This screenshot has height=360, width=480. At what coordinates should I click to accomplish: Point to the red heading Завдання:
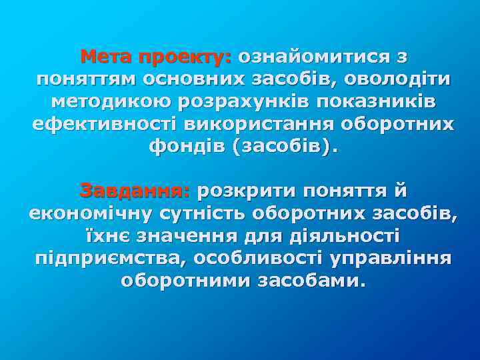[x=135, y=191]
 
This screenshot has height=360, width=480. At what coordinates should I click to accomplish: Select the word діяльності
[x=343, y=237]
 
